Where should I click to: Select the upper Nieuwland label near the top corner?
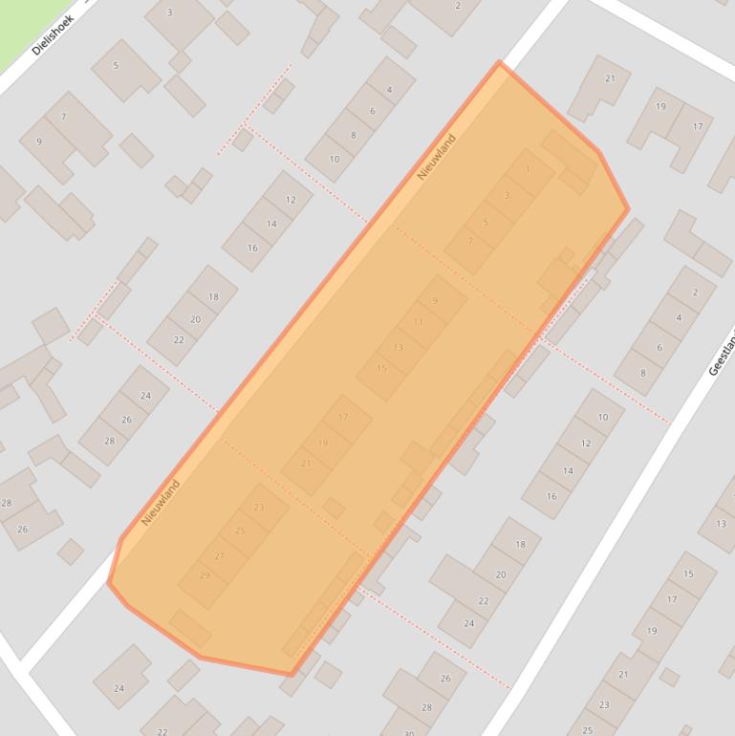[436, 158]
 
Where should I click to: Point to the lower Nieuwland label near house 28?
[161, 503]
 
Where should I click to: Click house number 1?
[528, 169]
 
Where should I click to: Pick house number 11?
[418, 322]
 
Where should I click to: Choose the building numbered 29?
[205, 575]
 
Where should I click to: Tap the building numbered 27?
[220, 556]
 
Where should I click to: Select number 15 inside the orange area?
[381, 368]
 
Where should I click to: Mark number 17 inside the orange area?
[343, 418]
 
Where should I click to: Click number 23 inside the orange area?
[259, 508]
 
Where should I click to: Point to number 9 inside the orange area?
[435, 300]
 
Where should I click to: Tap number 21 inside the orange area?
[306, 464]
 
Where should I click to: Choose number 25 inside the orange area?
[240, 530]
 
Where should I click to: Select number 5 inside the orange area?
[486, 223]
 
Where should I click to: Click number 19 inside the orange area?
[323, 443]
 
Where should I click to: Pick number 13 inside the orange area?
[399, 347]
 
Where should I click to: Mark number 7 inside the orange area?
[469, 242]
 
